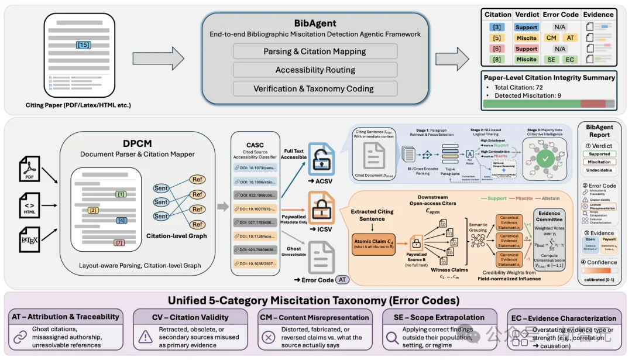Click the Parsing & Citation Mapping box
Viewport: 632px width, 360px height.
[x=315, y=52]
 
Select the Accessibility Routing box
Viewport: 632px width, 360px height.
[x=315, y=70]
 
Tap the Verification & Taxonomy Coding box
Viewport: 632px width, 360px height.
[x=315, y=89]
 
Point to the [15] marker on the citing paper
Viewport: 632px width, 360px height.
[x=84, y=45]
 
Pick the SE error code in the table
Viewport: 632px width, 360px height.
[x=551, y=60]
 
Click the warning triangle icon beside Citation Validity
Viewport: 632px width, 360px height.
[x=145, y=337]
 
